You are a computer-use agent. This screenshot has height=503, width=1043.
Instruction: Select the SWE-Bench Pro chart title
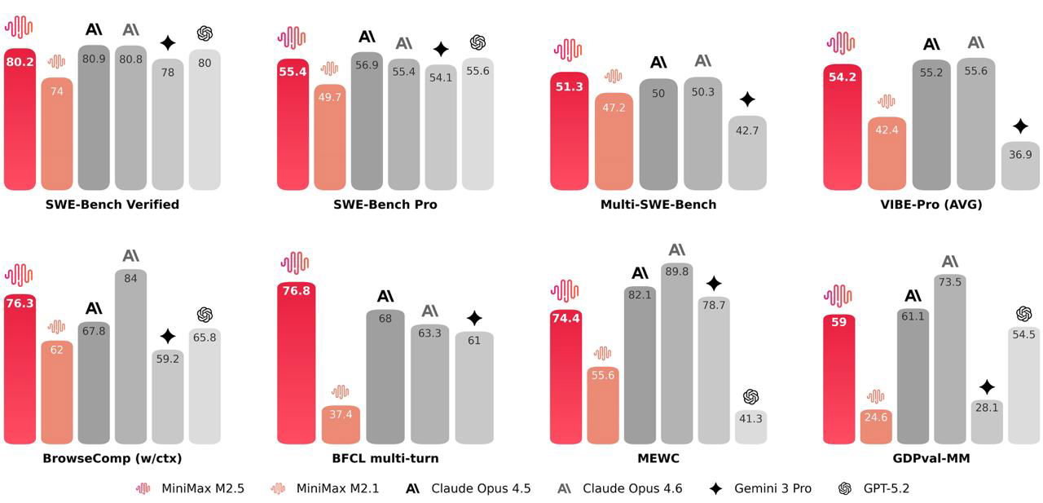tap(385, 205)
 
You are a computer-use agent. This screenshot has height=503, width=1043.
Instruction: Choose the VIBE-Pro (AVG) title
tap(931, 205)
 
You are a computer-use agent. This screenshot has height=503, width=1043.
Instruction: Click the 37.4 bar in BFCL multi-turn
tap(341, 424)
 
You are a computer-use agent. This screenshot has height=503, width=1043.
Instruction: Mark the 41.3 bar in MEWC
tap(750, 427)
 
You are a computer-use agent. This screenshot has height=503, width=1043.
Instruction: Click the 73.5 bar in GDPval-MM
tap(950, 360)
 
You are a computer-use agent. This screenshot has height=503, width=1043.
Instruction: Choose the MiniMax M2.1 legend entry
tap(319, 488)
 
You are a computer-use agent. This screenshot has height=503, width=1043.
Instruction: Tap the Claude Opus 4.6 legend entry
tap(620, 488)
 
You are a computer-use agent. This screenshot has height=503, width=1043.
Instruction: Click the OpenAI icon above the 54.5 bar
tap(1024, 314)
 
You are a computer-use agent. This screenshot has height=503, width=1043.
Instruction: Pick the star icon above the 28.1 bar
tap(987, 387)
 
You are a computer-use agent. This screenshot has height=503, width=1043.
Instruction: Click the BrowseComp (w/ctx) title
tap(112, 458)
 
